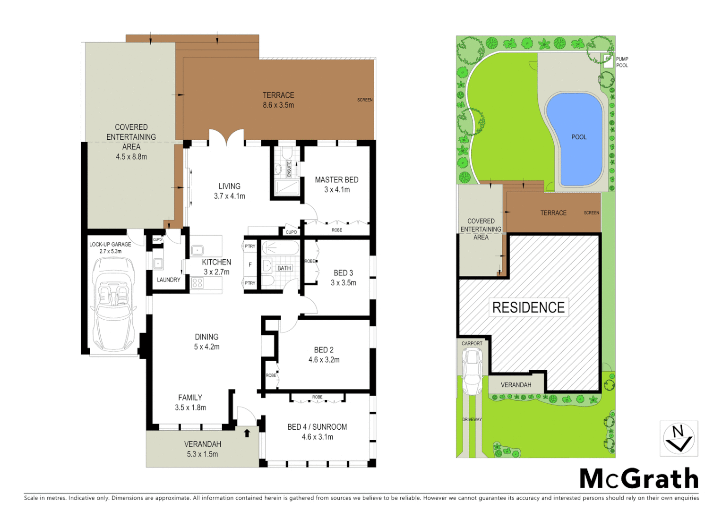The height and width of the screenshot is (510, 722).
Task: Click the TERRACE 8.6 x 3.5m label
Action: click(x=278, y=100)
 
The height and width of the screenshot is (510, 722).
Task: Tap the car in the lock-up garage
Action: click(x=114, y=310)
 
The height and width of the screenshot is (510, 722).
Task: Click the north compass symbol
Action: click(x=679, y=439)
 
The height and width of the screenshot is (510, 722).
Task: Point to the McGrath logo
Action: click(x=639, y=479)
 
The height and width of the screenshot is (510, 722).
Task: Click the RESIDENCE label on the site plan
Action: click(x=528, y=307)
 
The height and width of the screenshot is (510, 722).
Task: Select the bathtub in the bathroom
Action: click(x=280, y=248)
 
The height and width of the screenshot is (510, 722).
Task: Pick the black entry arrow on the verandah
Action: click(x=247, y=433)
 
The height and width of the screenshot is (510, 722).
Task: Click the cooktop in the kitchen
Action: click(x=198, y=283)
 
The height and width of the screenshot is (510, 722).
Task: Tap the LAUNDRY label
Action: click(x=168, y=280)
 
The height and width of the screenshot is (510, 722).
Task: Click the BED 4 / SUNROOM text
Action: click(x=317, y=427)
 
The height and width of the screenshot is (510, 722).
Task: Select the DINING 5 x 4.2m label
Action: click(x=206, y=341)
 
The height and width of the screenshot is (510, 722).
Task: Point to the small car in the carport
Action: click(x=472, y=372)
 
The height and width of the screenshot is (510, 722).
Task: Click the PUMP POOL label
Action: click(x=622, y=62)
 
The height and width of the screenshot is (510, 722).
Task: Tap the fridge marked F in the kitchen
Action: click(x=250, y=264)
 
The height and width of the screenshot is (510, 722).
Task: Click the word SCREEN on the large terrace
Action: click(x=365, y=100)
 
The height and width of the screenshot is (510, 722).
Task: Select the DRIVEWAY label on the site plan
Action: click(x=472, y=419)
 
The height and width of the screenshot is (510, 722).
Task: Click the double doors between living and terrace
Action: click(x=226, y=137)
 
